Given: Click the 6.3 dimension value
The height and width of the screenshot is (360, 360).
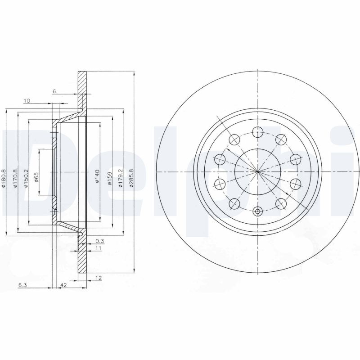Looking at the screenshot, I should pos(22,285).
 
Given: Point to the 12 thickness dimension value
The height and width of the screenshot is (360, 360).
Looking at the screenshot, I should pos(99,279).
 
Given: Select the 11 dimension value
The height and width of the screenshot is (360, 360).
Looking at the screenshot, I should pos(98,248).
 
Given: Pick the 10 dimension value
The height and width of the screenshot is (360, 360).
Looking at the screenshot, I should pos(27,101).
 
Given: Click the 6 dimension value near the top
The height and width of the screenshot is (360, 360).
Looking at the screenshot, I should pos(54,91).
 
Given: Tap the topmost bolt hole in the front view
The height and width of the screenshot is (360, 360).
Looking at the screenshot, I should pos(257,132).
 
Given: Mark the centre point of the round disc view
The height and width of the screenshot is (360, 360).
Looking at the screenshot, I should pos(257,171).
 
